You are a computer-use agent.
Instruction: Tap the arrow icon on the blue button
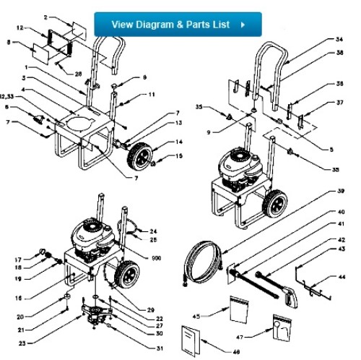(243, 24)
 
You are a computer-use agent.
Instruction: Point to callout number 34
(339, 40)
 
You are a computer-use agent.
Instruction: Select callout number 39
(340, 192)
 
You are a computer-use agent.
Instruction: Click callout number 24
(153, 231)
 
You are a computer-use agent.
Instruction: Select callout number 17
(17, 258)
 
